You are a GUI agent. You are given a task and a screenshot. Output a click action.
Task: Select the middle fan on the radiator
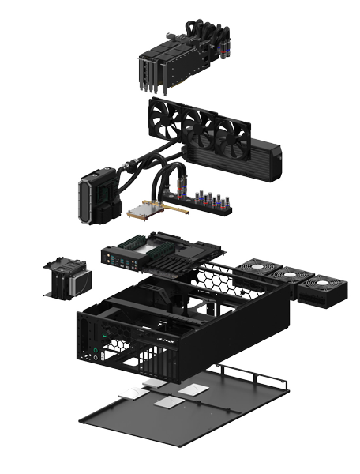(x=201, y=129)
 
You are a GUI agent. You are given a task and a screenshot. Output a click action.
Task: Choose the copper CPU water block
(x=147, y=211)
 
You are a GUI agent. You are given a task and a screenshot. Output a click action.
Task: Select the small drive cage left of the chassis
(x=68, y=276)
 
